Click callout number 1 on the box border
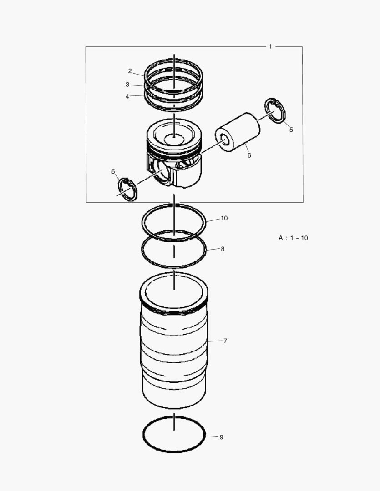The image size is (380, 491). (x=270, y=46)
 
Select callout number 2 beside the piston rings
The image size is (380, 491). (x=130, y=71)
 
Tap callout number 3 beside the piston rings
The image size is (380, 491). (x=128, y=85)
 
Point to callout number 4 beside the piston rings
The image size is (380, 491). (x=127, y=96)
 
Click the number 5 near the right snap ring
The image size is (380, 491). (x=291, y=130)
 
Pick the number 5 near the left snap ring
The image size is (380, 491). (x=113, y=171)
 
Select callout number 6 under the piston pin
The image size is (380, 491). (x=249, y=155)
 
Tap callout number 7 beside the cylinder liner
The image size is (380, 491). (x=225, y=341)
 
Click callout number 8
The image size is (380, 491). (x=223, y=249)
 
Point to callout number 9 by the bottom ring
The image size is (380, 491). (x=222, y=437)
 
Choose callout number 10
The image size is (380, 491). (x=224, y=218)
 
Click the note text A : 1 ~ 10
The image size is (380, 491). (x=293, y=238)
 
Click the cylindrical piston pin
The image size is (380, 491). (x=239, y=132)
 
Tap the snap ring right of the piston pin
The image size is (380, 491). (x=275, y=110)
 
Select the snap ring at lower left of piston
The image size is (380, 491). (x=127, y=190)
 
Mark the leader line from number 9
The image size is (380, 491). (x=212, y=437)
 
